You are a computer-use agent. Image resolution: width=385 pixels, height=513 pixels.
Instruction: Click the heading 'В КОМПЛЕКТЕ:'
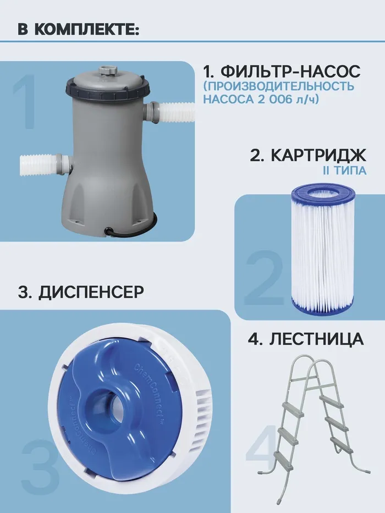coord(79,29)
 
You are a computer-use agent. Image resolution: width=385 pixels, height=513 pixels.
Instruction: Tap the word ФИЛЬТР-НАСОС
coord(290,71)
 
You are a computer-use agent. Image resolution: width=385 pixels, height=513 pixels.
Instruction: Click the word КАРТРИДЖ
coord(318,156)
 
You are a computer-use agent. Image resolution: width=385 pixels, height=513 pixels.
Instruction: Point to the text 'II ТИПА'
coord(344,171)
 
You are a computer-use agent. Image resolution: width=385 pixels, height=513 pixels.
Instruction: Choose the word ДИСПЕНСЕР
coord(91,292)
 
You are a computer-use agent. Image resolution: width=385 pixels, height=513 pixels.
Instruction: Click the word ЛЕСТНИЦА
coord(316,339)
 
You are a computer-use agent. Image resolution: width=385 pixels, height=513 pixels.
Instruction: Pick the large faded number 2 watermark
coord(263,278)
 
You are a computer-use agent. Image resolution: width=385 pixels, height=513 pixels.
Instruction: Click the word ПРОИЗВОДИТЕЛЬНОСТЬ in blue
coord(279,86)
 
